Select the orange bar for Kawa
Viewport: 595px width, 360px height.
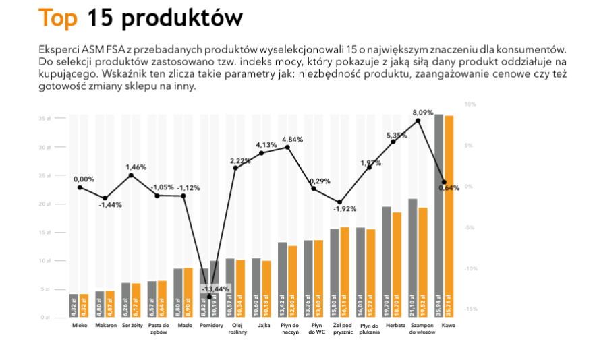(x=449, y=216)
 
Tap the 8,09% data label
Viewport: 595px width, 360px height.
(x=423, y=112)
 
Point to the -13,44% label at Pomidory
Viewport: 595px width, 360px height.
(x=215, y=289)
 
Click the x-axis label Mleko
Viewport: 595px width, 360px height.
(x=80, y=326)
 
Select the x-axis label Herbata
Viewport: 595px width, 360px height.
(x=396, y=326)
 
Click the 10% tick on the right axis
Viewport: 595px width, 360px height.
(x=470, y=104)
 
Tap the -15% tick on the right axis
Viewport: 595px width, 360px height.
(x=471, y=309)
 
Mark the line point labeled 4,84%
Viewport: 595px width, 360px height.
(x=287, y=147)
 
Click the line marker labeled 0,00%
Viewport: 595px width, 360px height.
(x=80, y=187)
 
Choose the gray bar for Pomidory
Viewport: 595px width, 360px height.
(x=204, y=293)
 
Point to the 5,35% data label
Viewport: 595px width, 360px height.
(x=397, y=135)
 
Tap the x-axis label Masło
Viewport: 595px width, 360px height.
(x=185, y=326)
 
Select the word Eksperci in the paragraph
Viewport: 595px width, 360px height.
(x=59, y=51)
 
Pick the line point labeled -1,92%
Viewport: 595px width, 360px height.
(x=340, y=202)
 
